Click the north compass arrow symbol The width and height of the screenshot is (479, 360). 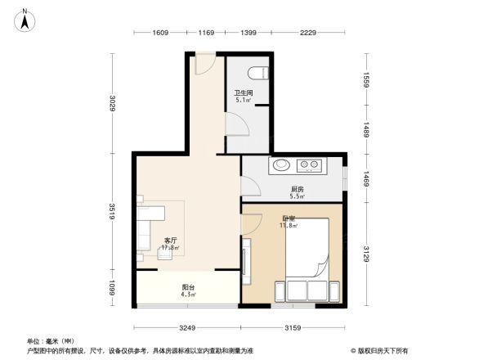pyautogui.click(x=25, y=19)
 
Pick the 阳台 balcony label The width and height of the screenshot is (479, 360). pyautogui.click(x=188, y=288)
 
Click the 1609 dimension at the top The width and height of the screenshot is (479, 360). pyautogui.click(x=159, y=33)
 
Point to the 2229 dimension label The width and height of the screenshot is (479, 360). pyautogui.click(x=307, y=33)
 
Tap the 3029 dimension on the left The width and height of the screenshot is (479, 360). pyautogui.click(x=114, y=104)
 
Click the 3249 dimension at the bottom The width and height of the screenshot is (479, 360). pyautogui.click(x=188, y=329)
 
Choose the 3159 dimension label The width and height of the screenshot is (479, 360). pyautogui.click(x=293, y=329)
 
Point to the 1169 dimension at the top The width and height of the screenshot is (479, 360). pyautogui.click(x=206, y=33)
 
